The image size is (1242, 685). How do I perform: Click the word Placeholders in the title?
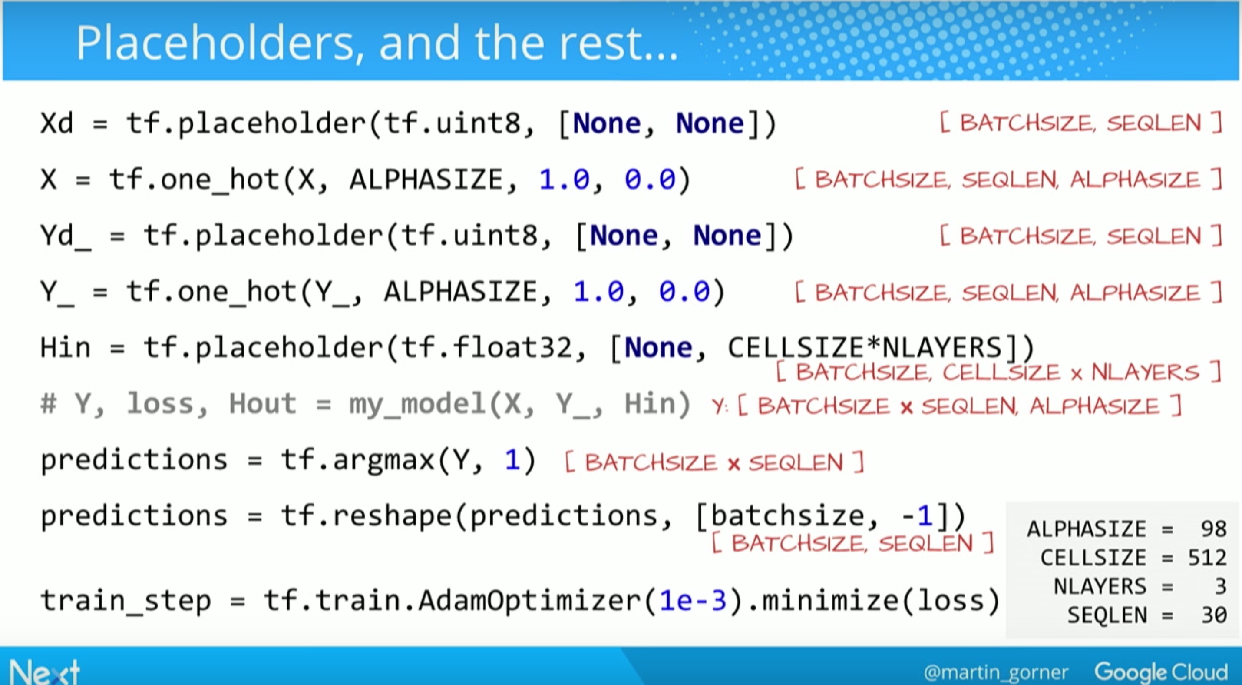coord(215,43)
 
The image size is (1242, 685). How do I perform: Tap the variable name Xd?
coord(57,123)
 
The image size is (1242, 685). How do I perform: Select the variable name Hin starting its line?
coord(66,348)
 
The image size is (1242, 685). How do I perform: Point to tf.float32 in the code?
coord(486,348)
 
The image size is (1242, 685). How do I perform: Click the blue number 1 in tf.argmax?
coord(512,460)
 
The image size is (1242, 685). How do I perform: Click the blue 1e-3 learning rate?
coord(692,601)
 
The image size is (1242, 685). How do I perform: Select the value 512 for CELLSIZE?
coord(1207,558)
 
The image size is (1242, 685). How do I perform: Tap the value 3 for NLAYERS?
coord(1220,587)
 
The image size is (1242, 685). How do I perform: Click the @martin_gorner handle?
coord(996,672)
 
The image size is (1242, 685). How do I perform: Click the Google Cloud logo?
coord(1160,672)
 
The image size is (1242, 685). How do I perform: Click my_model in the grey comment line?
coord(417,404)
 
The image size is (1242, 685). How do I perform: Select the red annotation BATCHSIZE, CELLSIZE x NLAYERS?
coord(998,372)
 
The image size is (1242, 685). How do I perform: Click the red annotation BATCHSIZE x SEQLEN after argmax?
coord(713,462)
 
